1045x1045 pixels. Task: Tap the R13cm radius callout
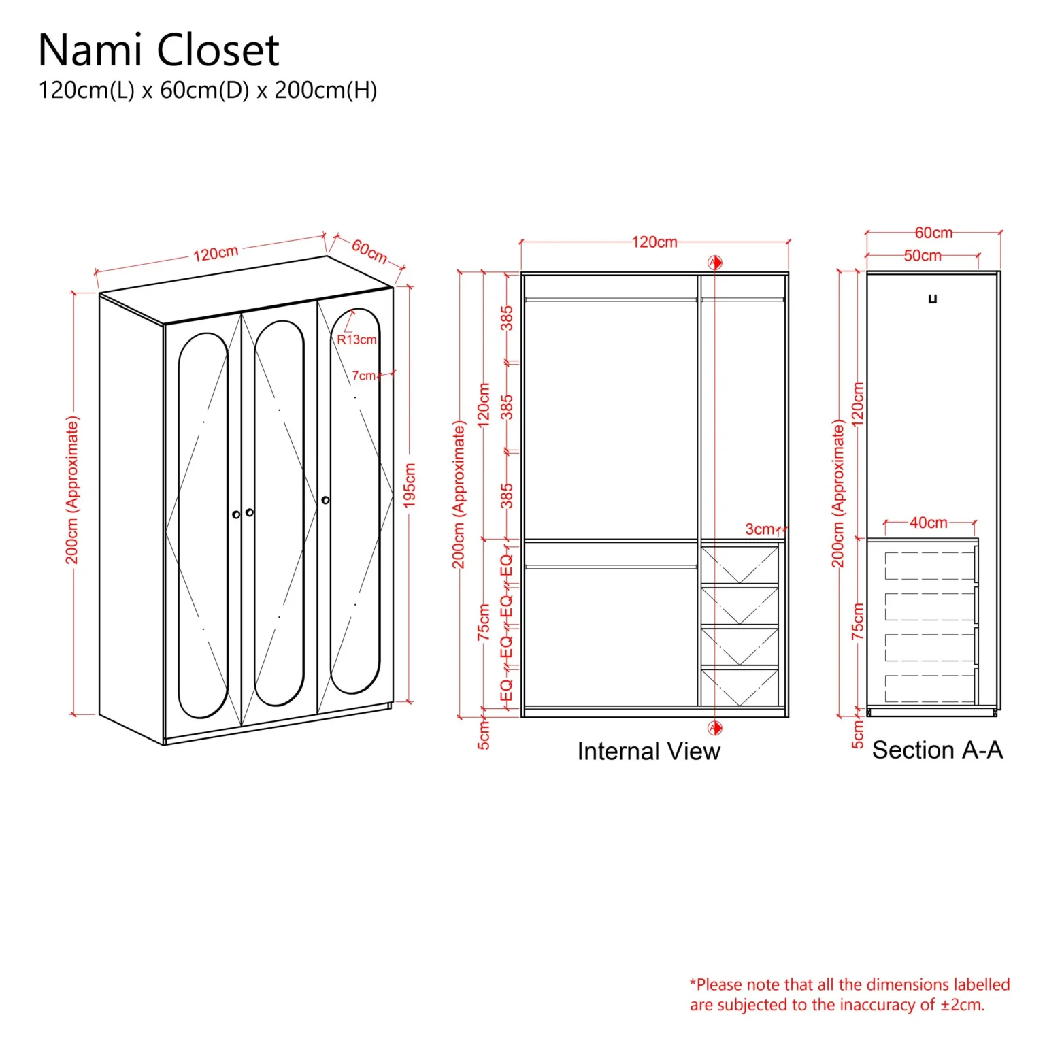(356, 339)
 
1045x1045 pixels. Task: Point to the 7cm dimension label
(363, 376)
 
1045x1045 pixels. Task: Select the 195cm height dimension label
(410, 484)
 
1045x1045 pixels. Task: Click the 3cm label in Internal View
(759, 529)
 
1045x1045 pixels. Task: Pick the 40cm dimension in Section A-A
(928, 522)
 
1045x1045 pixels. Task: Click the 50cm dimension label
(922, 256)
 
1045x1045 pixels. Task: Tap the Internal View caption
(648, 751)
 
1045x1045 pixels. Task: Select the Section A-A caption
(937, 750)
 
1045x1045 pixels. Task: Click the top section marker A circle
(714, 263)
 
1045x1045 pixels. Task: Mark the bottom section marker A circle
(714, 728)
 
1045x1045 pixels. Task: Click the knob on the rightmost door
(325, 500)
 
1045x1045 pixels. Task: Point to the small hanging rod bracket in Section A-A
(933, 299)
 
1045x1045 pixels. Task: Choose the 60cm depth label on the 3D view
(369, 251)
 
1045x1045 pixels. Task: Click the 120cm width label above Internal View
(654, 242)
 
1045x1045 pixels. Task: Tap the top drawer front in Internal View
(740, 564)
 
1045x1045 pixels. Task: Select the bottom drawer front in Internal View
(740, 687)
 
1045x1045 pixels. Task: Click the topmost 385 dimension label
(507, 318)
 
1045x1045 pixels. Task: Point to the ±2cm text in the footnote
(962, 1005)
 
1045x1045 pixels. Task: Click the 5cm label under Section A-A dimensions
(858, 735)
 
